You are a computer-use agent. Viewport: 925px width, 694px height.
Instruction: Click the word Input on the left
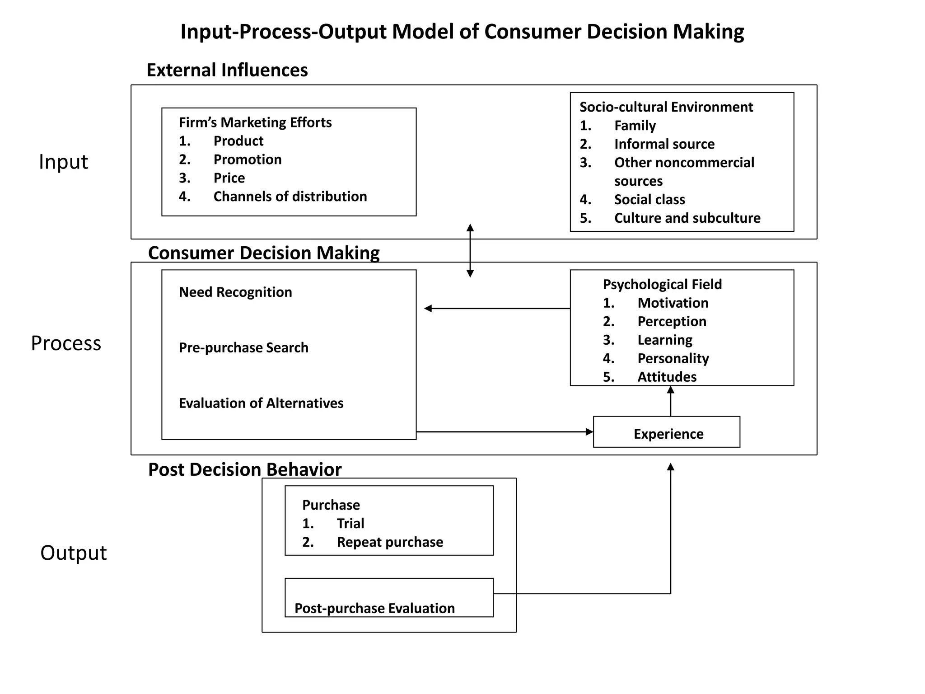63,162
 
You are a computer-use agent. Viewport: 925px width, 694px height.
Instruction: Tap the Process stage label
66,343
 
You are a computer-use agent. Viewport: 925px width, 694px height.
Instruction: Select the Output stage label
74,553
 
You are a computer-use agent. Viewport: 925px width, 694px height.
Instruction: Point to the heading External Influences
227,70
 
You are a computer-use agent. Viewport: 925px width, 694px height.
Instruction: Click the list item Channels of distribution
290,197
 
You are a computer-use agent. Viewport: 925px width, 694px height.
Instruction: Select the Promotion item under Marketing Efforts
247,159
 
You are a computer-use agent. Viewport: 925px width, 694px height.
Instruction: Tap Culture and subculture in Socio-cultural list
687,218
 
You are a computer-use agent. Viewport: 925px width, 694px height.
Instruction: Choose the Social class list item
649,200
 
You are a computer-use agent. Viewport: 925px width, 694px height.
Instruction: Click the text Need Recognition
235,292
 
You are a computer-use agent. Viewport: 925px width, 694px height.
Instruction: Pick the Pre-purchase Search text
243,348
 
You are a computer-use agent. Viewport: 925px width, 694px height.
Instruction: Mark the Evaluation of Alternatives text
261,403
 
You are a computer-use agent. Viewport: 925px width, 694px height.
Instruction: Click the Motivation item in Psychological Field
673,303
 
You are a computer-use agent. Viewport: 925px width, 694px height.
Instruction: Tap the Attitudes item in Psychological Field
667,377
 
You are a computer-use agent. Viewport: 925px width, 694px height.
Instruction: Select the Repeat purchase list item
389,542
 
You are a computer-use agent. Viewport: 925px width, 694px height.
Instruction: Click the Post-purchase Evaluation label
374,608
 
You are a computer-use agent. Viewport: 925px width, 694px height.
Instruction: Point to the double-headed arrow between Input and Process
470,250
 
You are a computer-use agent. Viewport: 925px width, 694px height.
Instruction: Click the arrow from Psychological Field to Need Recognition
497,309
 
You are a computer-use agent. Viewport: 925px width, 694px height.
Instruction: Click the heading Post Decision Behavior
245,470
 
